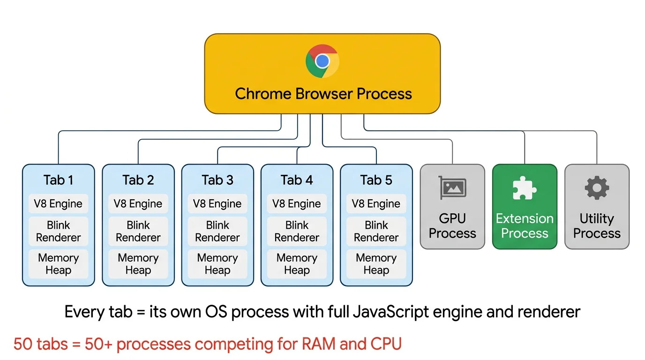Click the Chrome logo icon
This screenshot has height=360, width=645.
pyautogui.click(x=322, y=61)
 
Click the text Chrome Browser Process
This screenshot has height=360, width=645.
pyautogui.click(x=323, y=93)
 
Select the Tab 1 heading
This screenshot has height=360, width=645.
pyautogui.click(x=58, y=180)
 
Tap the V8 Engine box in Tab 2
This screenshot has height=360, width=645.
pyautogui.click(x=138, y=204)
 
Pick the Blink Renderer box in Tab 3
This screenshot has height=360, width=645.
pyautogui.click(x=217, y=231)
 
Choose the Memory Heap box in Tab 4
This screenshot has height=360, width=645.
pyautogui.click(x=297, y=264)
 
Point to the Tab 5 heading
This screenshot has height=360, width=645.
pyautogui.click(x=376, y=180)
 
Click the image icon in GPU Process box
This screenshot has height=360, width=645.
pyautogui.click(x=452, y=188)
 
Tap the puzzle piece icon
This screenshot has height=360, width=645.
pyautogui.click(x=525, y=188)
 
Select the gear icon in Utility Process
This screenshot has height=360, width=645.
pyautogui.click(x=597, y=188)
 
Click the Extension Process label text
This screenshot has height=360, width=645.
pyautogui.click(x=525, y=226)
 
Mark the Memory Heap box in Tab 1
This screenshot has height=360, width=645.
pyautogui.click(x=58, y=264)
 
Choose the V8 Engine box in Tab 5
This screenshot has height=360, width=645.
pyautogui.click(x=376, y=204)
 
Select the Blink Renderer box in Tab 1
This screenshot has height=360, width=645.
pyautogui.click(x=58, y=231)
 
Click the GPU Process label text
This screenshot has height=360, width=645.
pyautogui.click(x=452, y=226)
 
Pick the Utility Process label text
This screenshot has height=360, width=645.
pyautogui.click(x=597, y=226)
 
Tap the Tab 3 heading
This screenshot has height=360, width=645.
pyautogui.click(x=217, y=180)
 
